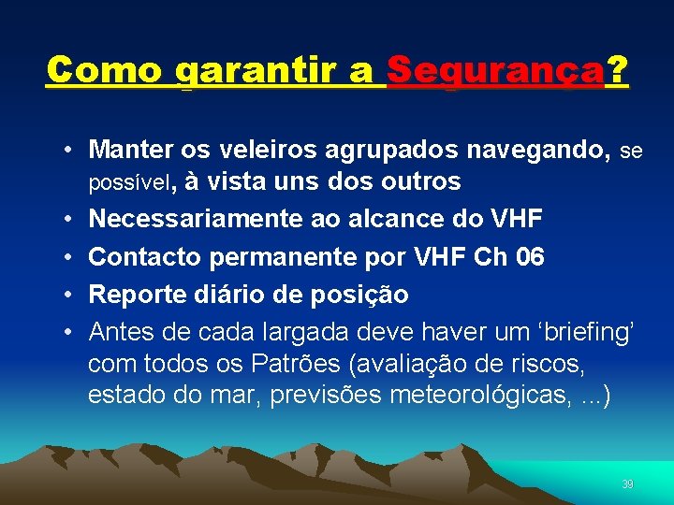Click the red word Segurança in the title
pyautogui.click(x=495, y=70)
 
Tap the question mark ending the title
pyautogui.click(x=617, y=70)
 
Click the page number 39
pyautogui.click(x=627, y=484)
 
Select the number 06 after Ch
pyautogui.click(x=530, y=257)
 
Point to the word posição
pyautogui.click(x=362, y=296)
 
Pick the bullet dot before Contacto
pyautogui.click(x=70, y=257)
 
